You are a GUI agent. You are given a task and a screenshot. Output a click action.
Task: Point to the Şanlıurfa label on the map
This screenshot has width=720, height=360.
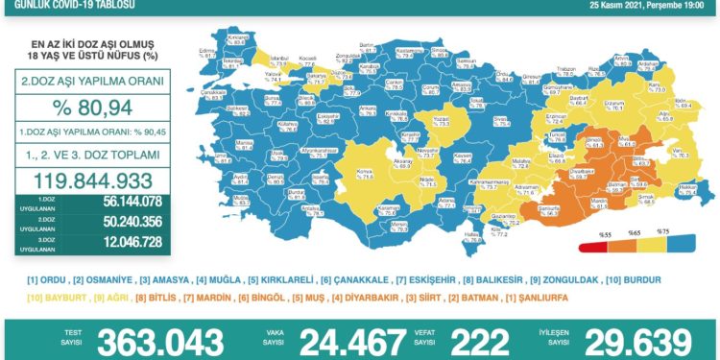[549, 212]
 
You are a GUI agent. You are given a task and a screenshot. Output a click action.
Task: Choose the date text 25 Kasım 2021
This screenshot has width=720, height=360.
[603, 5]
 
